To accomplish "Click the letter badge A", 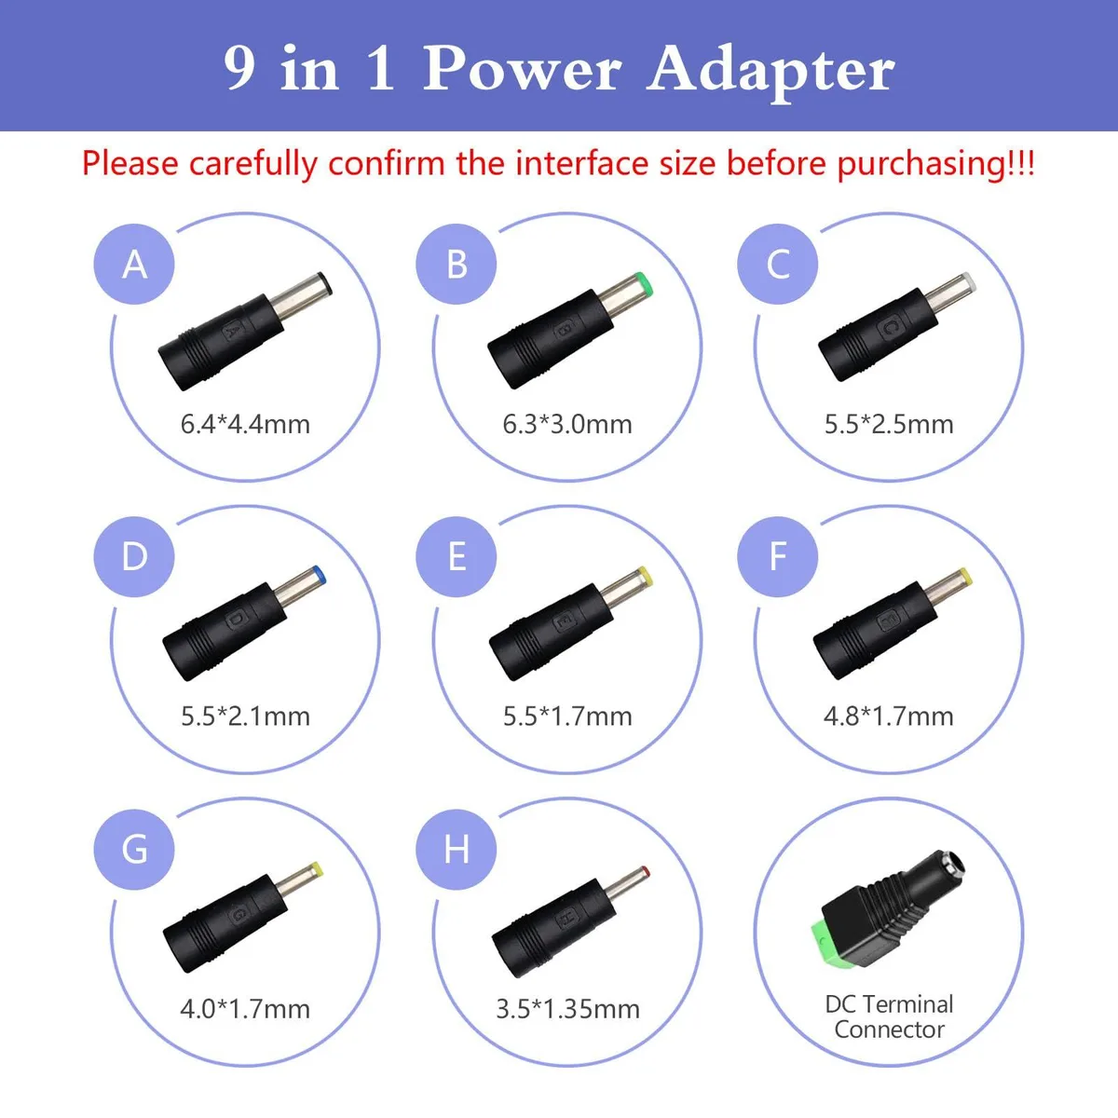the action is click(x=134, y=264).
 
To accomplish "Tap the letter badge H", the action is click(x=456, y=850).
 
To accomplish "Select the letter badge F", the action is click(x=778, y=556).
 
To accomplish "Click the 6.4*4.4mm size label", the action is click(x=245, y=424).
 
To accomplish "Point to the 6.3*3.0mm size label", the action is click(x=566, y=424).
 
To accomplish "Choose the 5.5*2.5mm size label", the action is click(x=889, y=424).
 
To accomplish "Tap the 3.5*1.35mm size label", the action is click(x=567, y=1009).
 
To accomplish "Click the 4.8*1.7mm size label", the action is click(x=889, y=716).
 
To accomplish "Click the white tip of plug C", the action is click(x=968, y=282).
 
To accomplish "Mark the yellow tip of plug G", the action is click(x=317, y=868).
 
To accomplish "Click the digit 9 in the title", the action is click(x=239, y=67).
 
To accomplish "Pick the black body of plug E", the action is click(x=552, y=632).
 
